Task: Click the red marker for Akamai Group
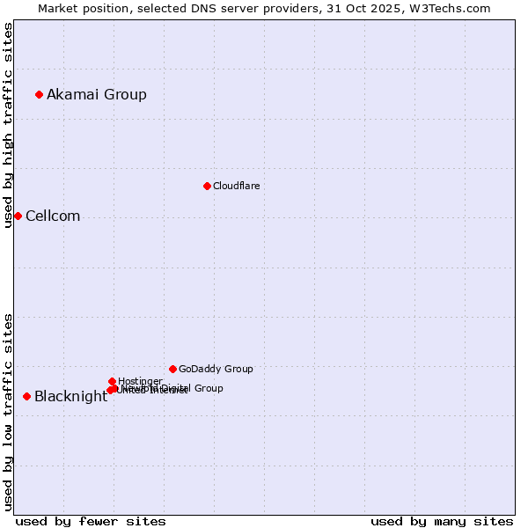pos(40,94)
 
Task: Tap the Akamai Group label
pos(97,94)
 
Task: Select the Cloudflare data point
pos(207,186)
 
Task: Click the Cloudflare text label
pos(236,186)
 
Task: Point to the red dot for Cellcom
pos(18,216)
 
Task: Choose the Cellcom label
pos(53,216)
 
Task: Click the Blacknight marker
pos(26,396)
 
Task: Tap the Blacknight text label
pos(70,396)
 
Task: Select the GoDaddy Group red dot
pos(172,369)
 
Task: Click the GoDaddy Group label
pos(216,369)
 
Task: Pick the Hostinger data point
pos(112,381)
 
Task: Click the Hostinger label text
pos(139,381)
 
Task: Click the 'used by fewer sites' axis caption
pos(91,521)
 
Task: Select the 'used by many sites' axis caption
pos(442,521)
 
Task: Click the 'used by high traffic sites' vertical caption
pos(8,125)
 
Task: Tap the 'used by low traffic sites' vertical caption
pos(8,412)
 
